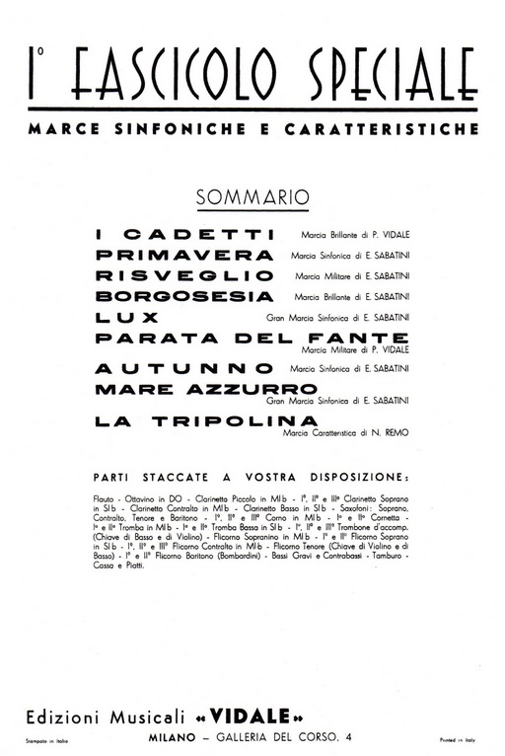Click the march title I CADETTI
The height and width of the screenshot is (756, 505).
click(x=183, y=235)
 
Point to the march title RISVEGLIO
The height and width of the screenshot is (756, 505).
click(x=183, y=275)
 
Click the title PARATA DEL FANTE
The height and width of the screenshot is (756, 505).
click(x=253, y=338)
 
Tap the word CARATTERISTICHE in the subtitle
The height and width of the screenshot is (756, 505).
click(x=392, y=129)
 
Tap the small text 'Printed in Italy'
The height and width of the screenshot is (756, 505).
click(x=460, y=737)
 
